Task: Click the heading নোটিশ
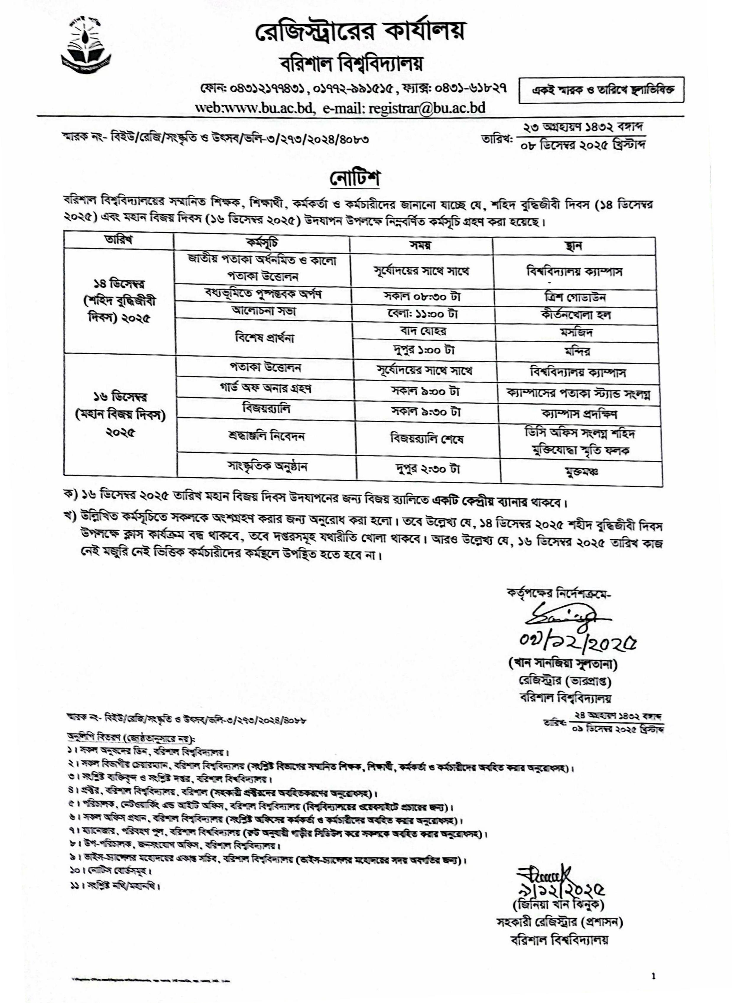pos(355,178)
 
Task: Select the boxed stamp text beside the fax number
pos(603,90)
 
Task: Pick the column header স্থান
pos(574,246)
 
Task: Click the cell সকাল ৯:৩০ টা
pos(425,412)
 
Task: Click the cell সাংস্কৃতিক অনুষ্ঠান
pos(267,467)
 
